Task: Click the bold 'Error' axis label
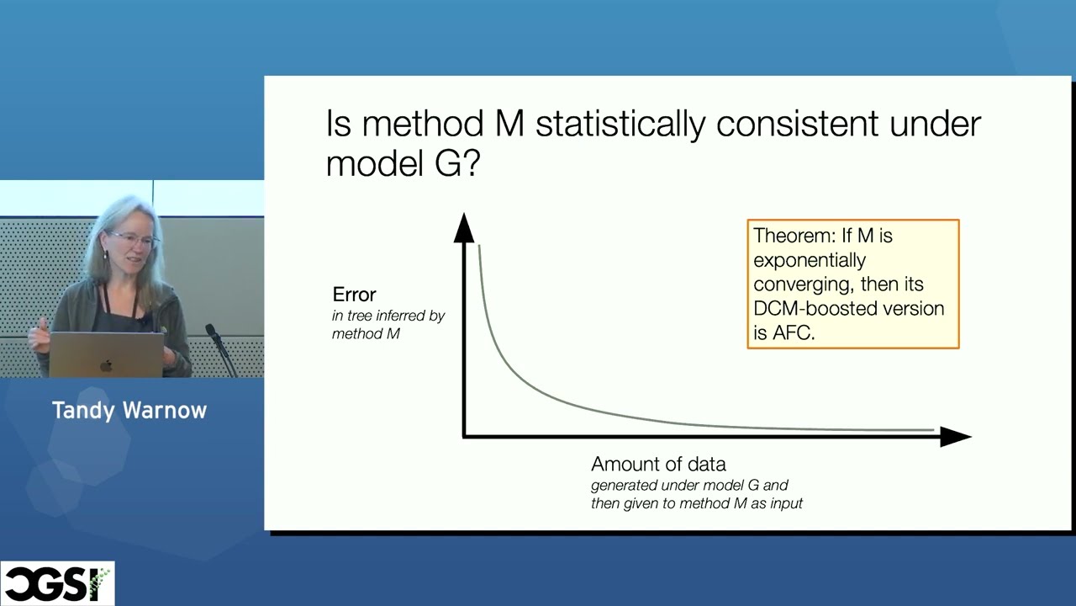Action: (354, 295)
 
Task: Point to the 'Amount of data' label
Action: (658, 464)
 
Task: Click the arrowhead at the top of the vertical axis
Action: (463, 228)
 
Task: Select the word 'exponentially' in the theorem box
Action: (809, 260)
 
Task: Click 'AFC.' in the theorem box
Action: (794, 332)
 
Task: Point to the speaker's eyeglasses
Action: (134, 240)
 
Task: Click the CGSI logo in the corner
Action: (57, 583)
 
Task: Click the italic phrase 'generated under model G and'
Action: (688, 485)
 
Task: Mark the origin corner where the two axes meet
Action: (464, 436)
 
